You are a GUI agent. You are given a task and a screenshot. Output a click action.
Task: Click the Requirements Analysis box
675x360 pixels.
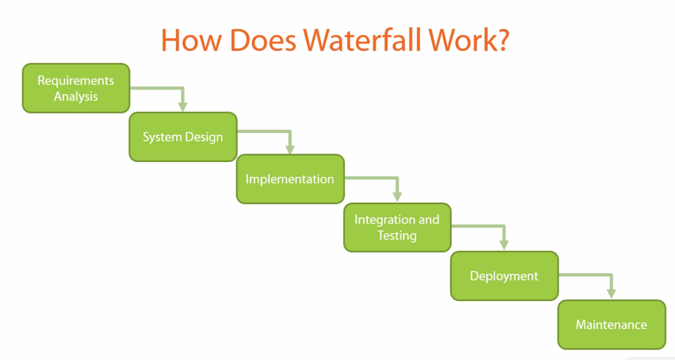pos(76,88)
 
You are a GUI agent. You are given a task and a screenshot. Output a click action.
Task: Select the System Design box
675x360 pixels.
pos(183,137)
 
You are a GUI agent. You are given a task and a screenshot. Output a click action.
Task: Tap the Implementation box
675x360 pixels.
pos(290,179)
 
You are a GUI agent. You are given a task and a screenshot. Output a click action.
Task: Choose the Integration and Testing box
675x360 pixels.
pos(397,227)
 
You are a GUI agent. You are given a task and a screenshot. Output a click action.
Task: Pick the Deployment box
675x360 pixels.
pos(504,276)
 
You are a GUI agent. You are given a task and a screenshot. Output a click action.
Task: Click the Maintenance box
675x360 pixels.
pos(611,324)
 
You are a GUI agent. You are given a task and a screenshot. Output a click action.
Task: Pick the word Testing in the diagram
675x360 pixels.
pos(397,235)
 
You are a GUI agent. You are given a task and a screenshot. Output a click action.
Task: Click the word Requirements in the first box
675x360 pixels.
pos(76,81)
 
